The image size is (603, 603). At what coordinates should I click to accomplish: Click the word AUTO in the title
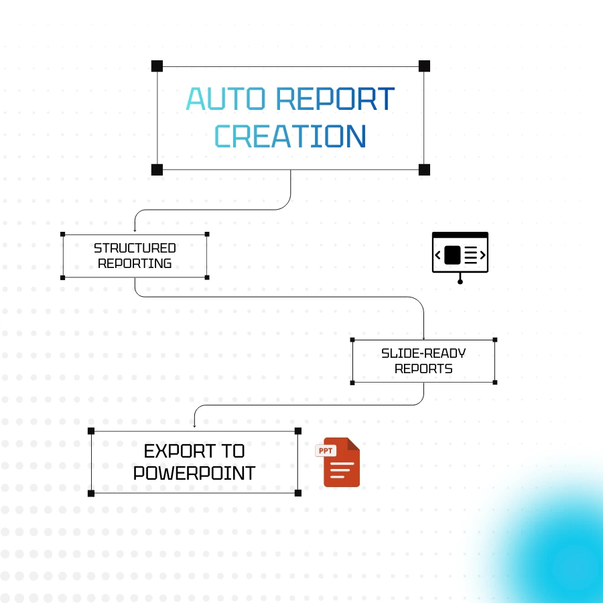pyautogui.click(x=225, y=99)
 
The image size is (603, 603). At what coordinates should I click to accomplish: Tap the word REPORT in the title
pyautogui.click(x=334, y=99)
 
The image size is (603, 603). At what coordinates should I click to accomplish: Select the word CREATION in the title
pyautogui.click(x=289, y=136)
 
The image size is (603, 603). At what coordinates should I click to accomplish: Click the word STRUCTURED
pyautogui.click(x=135, y=249)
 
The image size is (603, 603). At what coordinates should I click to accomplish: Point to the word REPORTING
pyautogui.click(x=135, y=263)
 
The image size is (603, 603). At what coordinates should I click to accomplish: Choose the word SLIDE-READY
pyautogui.click(x=423, y=353)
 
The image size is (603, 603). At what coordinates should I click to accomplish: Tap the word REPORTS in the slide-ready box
pyautogui.click(x=423, y=368)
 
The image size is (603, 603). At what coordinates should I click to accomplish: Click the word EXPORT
pyautogui.click(x=194, y=450)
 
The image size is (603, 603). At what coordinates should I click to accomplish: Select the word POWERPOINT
pyautogui.click(x=194, y=473)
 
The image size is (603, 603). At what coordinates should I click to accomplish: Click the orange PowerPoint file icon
pyautogui.click(x=341, y=464)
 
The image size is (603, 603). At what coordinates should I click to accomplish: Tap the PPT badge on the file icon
pyautogui.click(x=326, y=451)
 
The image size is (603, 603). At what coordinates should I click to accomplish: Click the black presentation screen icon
pyautogui.click(x=460, y=253)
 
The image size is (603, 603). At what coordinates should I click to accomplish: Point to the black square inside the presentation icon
pyautogui.click(x=452, y=255)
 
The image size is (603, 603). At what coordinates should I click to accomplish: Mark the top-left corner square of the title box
pyautogui.click(x=157, y=66)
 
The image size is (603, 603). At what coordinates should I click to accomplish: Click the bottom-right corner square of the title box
pyautogui.click(x=424, y=170)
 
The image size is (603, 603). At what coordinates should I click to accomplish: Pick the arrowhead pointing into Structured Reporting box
pyautogui.click(x=135, y=230)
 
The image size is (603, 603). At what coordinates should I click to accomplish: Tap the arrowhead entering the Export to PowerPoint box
pyautogui.click(x=194, y=425)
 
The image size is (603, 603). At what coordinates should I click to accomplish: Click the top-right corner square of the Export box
pyautogui.click(x=298, y=431)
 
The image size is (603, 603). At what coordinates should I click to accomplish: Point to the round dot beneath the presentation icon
pyautogui.click(x=460, y=281)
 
